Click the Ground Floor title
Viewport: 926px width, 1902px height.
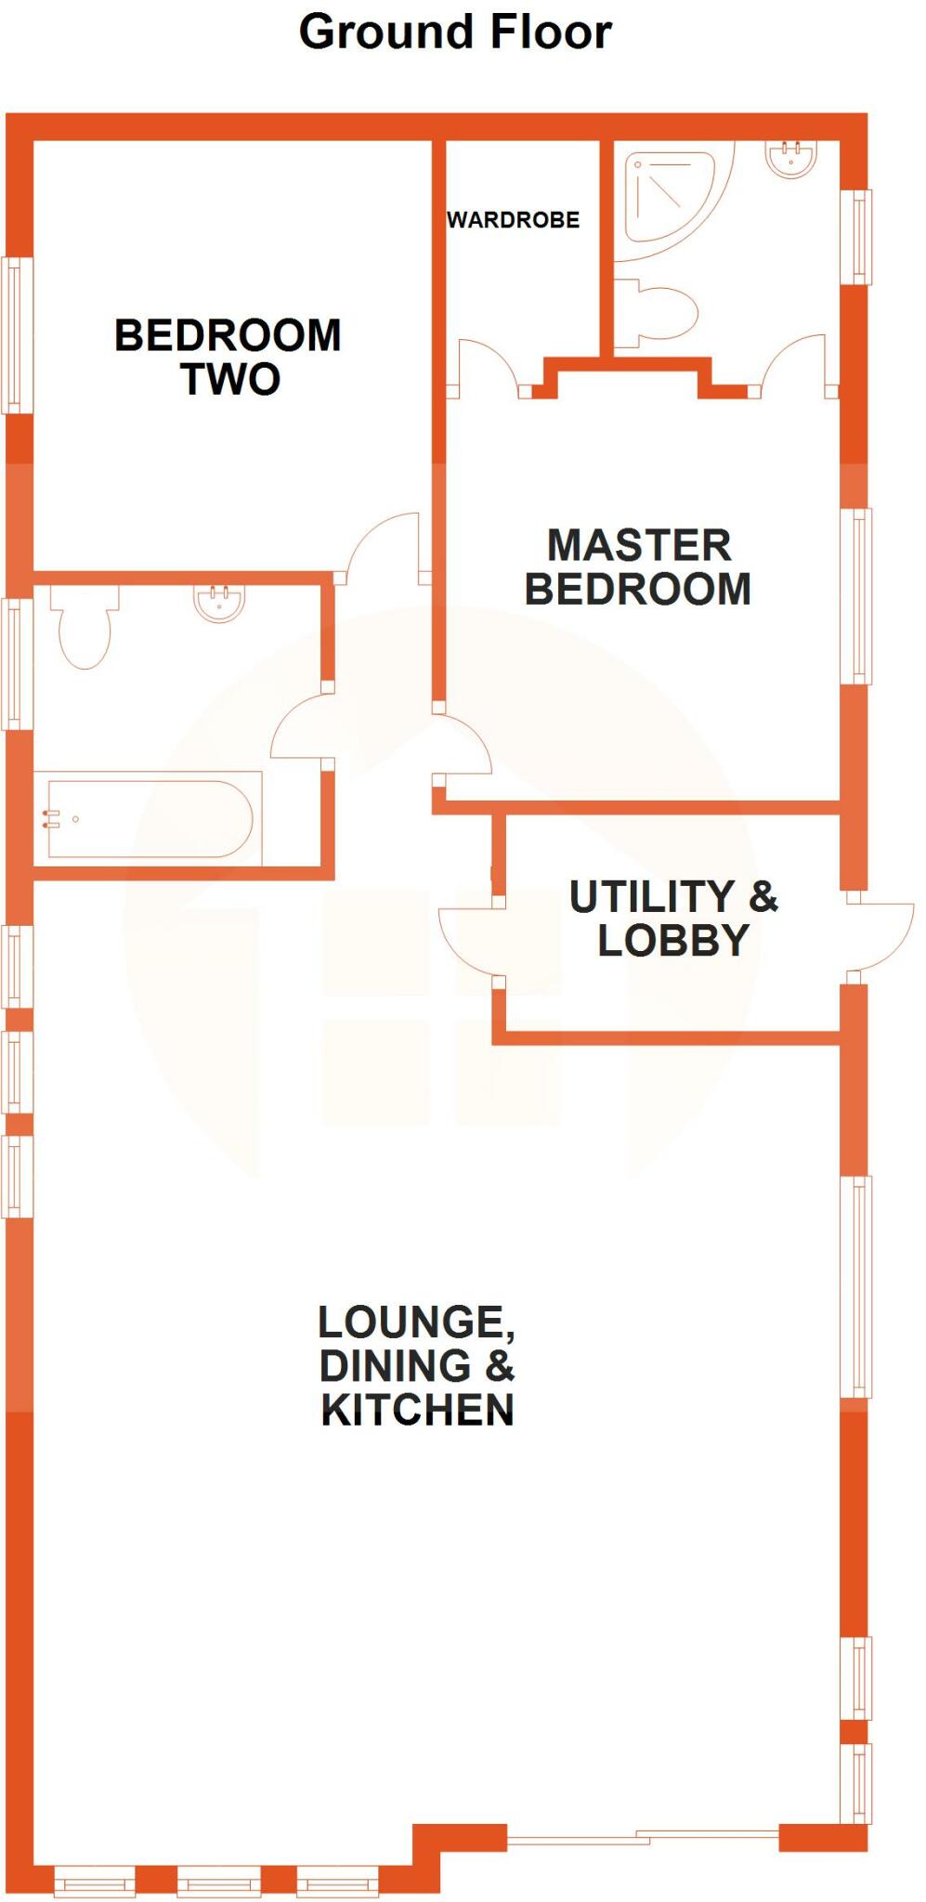(x=455, y=33)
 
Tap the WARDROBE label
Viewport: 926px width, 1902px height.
(x=513, y=220)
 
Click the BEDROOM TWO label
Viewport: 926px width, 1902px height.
(x=228, y=357)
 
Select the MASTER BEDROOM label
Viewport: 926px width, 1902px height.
(x=638, y=567)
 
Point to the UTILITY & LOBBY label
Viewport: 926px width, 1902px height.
(x=673, y=918)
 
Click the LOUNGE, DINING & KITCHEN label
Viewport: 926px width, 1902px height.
(x=417, y=1365)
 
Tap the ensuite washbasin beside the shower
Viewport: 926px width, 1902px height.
(x=791, y=158)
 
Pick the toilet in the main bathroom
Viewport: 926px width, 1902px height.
(x=85, y=627)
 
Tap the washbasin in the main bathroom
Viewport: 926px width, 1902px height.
(x=219, y=603)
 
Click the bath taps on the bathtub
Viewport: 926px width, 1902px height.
(x=52, y=818)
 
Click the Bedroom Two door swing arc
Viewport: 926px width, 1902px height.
(x=385, y=543)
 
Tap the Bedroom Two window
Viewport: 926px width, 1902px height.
(x=16, y=335)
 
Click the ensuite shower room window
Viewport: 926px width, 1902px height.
(x=856, y=237)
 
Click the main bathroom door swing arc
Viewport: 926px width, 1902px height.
(x=299, y=729)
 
